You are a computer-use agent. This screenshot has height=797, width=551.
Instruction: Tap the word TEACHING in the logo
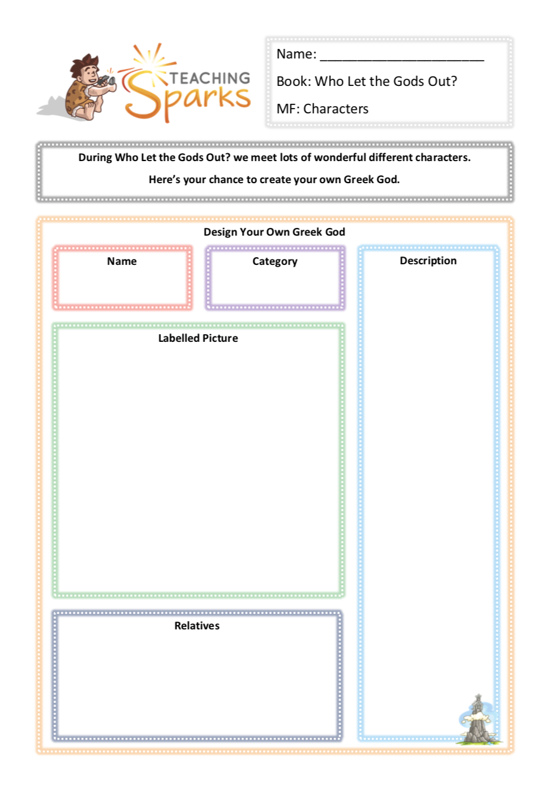click(x=210, y=78)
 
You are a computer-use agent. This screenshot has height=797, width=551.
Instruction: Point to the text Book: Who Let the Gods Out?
click(x=367, y=82)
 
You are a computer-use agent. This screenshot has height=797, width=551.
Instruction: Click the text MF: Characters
click(x=322, y=109)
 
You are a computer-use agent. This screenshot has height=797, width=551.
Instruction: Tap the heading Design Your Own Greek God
click(x=274, y=232)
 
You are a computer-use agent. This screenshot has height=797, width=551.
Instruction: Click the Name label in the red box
click(x=122, y=261)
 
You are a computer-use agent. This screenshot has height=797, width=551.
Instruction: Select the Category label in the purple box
click(x=275, y=261)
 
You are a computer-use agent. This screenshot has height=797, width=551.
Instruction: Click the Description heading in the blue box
click(x=428, y=261)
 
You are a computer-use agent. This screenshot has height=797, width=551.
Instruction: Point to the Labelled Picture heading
click(x=198, y=338)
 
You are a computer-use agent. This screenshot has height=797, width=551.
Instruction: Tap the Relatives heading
click(x=197, y=626)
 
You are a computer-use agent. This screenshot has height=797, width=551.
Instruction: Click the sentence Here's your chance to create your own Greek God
click(x=274, y=180)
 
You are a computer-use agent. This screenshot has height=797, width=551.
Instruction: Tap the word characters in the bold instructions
click(x=443, y=157)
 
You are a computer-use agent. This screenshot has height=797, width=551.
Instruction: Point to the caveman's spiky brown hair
click(x=85, y=63)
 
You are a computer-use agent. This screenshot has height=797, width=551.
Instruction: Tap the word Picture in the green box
click(x=220, y=338)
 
